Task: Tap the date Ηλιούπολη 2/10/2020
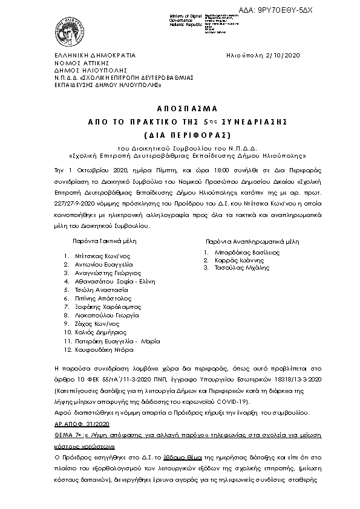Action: pos(265,55)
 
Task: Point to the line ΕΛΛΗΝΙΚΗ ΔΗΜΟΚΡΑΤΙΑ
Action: pos(92,55)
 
